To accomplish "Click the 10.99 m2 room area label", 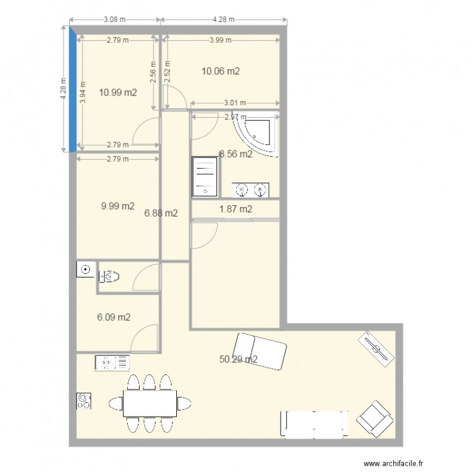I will coord(118,93).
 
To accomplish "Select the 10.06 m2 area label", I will coord(220,71).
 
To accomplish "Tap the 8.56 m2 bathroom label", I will coord(235,154).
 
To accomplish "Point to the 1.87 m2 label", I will coord(235,209).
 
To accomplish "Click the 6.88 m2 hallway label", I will coord(161,213).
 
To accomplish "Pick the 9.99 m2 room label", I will coord(117,206).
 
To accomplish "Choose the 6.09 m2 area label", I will coord(113,317).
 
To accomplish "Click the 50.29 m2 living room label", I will coord(238,360).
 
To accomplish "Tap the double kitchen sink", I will coord(113,362).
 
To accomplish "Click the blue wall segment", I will coord(74,88).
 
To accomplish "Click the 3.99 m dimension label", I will coord(220,40).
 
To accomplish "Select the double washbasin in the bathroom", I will coord(250,189).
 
